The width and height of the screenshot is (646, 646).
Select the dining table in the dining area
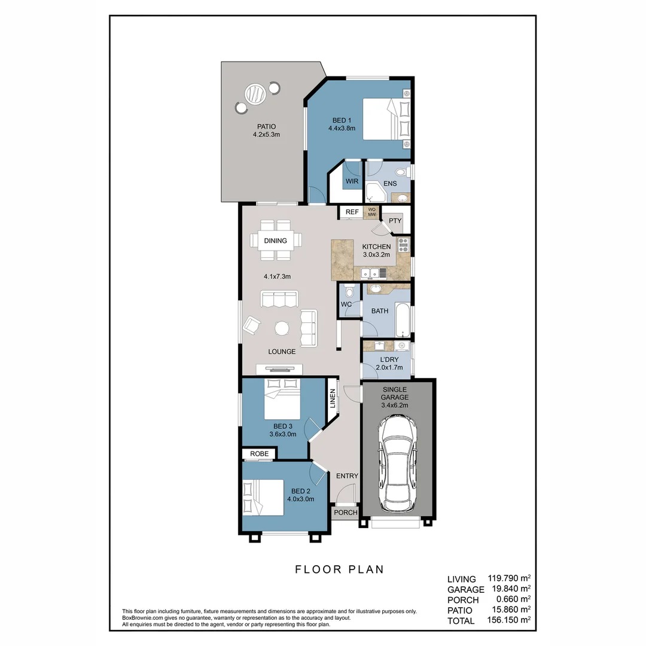click(x=276, y=240)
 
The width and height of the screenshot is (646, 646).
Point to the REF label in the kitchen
click(x=352, y=212)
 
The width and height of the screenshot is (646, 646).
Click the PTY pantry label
click(x=395, y=221)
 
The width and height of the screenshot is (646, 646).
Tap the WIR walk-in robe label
click(x=351, y=181)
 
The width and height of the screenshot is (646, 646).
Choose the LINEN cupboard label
click(x=332, y=400)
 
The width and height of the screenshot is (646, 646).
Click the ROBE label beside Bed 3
click(x=259, y=454)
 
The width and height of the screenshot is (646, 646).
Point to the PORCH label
click(x=345, y=513)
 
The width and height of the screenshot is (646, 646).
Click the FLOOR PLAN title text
click(x=339, y=569)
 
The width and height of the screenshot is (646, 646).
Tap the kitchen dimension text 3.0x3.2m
click(x=376, y=255)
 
